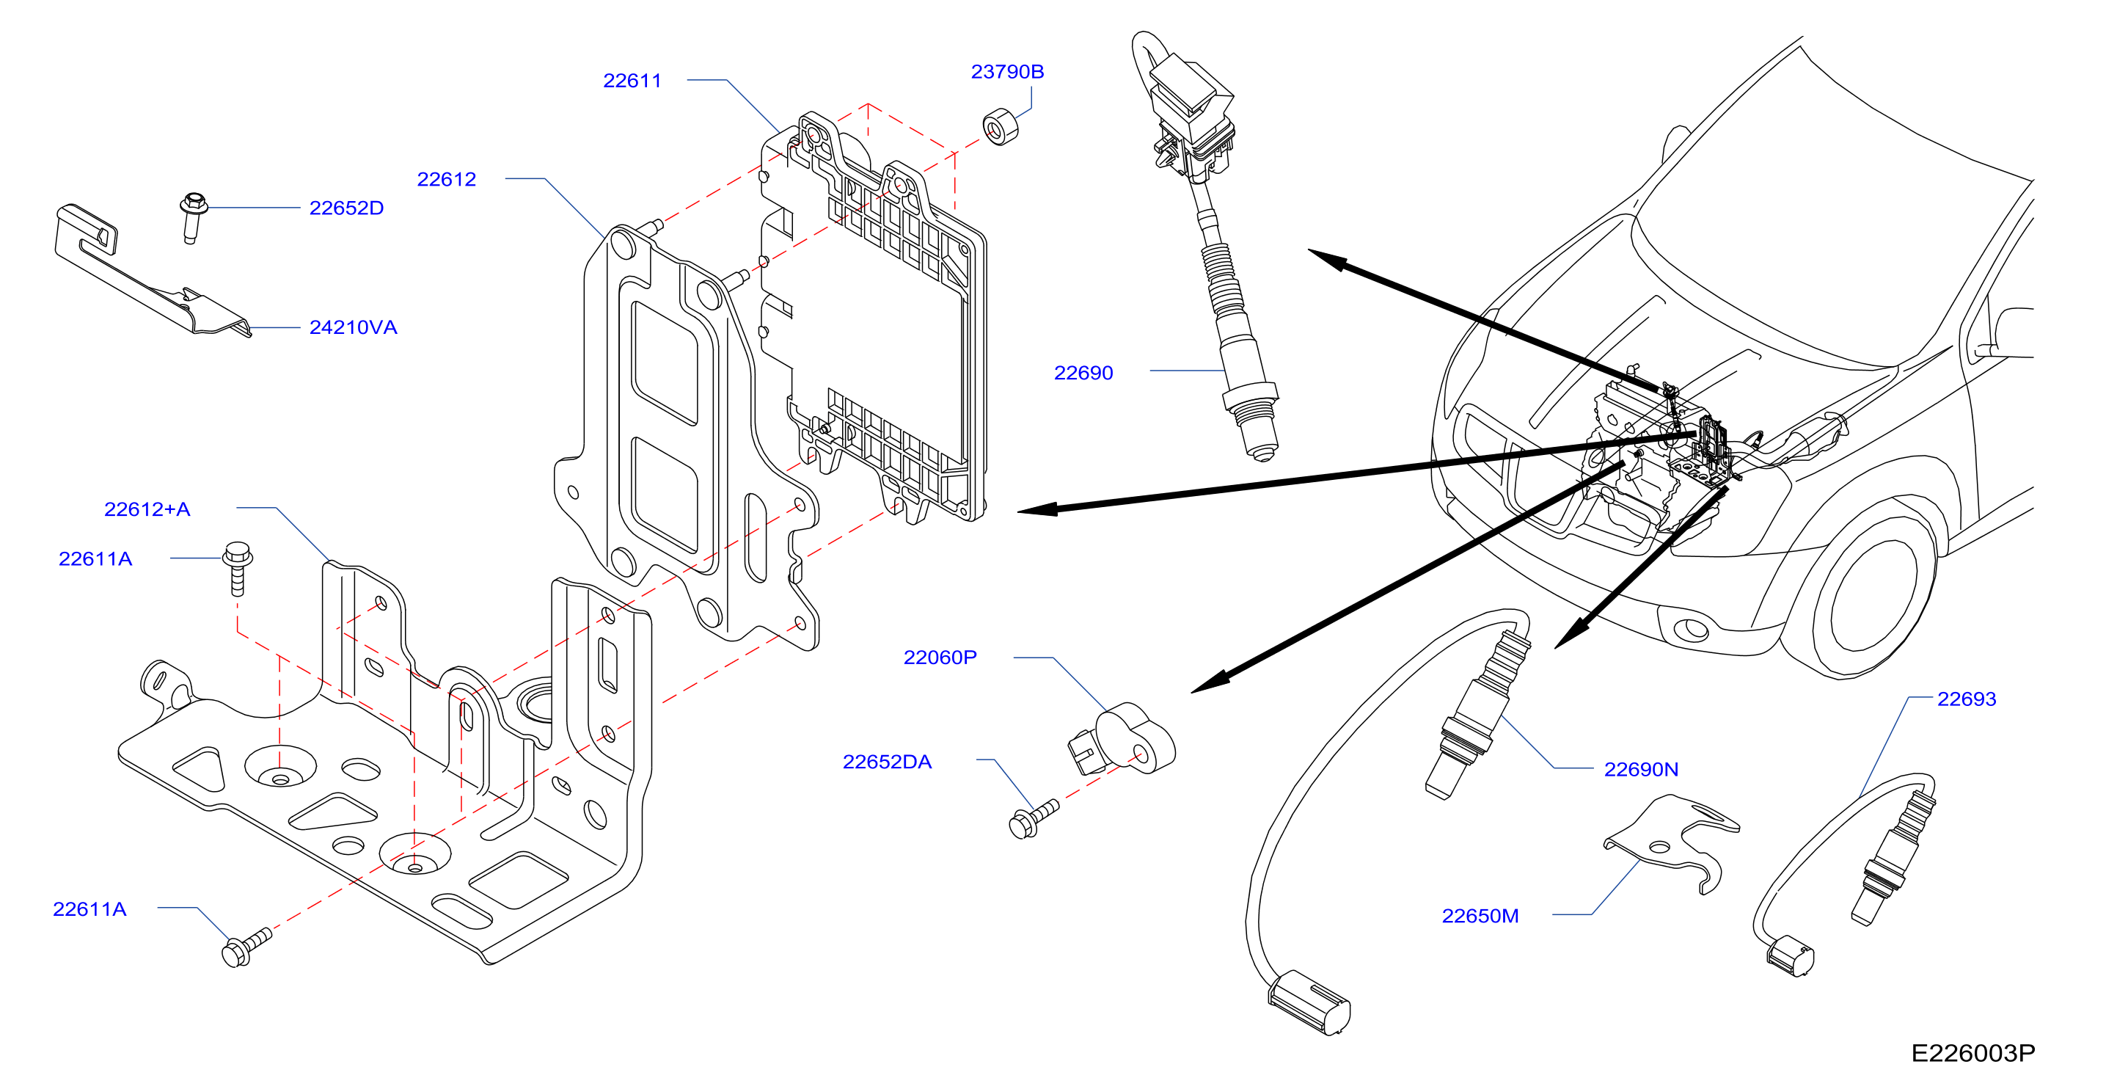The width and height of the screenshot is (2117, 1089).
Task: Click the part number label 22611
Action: [632, 81]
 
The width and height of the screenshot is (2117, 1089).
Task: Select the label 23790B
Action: [1008, 71]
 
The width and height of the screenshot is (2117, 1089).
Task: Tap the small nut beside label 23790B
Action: [1000, 126]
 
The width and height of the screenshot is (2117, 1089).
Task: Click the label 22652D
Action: [346, 208]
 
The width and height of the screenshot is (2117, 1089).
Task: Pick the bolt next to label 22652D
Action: [192, 216]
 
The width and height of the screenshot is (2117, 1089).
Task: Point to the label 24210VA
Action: [353, 327]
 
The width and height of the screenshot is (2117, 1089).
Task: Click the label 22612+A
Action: [147, 509]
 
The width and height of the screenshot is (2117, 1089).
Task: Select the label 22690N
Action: [1641, 769]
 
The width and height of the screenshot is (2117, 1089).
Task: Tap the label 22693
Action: [1967, 699]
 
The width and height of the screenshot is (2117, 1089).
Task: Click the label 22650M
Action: [1480, 916]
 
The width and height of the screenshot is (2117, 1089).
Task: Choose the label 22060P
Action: [940, 658]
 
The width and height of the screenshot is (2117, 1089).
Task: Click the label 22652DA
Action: [887, 762]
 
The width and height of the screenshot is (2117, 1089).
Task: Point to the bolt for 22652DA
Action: [1033, 819]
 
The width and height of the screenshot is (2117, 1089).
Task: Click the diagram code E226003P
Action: [1973, 1053]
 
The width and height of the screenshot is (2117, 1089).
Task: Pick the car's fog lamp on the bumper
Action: [1692, 630]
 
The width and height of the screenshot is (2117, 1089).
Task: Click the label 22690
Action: [1083, 373]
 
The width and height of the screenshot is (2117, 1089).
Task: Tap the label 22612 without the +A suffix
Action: [446, 179]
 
